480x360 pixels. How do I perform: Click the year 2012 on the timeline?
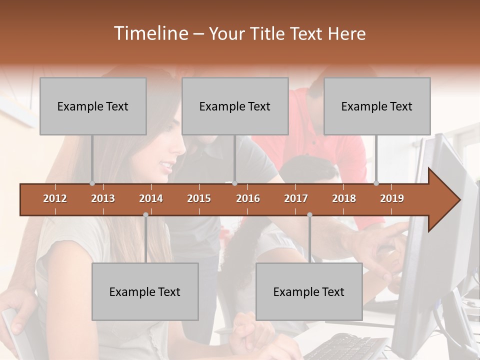[55, 198]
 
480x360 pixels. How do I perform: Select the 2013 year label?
[103, 198]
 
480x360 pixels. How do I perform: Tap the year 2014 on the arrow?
[151, 198]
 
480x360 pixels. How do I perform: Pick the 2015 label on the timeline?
[199, 198]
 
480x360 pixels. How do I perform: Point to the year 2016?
[248, 198]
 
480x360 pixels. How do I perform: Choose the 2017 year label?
[296, 198]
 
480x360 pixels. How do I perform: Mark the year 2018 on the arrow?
[344, 198]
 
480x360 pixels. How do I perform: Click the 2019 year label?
[392, 198]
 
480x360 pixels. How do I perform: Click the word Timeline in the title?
[150, 33]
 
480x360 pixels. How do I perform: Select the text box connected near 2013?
[93, 106]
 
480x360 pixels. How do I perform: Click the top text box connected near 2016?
[235, 106]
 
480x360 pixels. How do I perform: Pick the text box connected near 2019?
[377, 106]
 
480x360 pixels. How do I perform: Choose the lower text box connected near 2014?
[145, 291]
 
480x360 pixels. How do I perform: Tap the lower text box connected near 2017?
[309, 291]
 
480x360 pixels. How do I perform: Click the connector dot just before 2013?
[92, 183]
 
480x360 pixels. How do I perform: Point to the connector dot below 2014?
[145, 214]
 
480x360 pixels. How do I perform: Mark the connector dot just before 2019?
[376, 183]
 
